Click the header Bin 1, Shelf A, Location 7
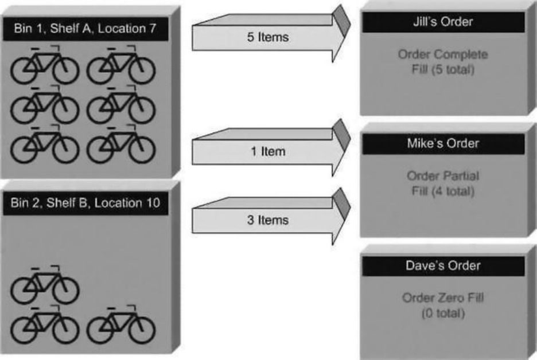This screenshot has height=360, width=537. click(85, 29)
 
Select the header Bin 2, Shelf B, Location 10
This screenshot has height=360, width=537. click(85, 203)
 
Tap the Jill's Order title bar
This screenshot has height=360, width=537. click(443, 22)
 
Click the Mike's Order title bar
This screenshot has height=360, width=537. click(443, 143)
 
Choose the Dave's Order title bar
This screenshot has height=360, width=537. click(443, 265)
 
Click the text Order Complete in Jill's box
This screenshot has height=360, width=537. click(443, 55)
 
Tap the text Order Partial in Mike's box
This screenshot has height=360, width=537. click(443, 175)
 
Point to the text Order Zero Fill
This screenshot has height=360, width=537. click(443, 298)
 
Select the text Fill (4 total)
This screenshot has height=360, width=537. click(443, 191)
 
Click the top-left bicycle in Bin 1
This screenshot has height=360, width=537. click(44, 66)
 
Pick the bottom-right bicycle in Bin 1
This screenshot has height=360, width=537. click(120, 145)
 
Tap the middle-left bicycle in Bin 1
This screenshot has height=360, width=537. click(44, 105)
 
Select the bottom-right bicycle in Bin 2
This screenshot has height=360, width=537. click(120, 325)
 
